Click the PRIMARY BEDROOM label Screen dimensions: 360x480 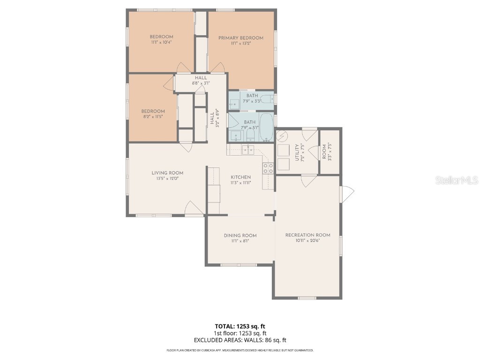click(x=241, y=38)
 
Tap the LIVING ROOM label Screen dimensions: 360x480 click(x=167, y=173)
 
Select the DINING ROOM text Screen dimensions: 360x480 click(x=240, y=236)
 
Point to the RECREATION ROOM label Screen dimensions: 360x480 click(x=307, y=235)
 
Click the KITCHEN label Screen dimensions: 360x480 click(x=240, y=177)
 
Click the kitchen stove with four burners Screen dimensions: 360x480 click(x=268, y=168)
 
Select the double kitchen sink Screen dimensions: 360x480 click(x=247, y=150)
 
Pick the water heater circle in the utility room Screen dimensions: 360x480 click(x=282, y=136)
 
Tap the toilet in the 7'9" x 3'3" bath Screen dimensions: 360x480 click(x=266, y=99)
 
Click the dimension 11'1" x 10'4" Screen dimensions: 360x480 click(x=161, y=43)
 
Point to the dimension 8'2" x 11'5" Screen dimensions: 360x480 click(x=153, y=117)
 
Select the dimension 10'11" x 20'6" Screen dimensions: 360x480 click(x=307, y=240)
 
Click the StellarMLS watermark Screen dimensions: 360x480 click(x=457, y=180)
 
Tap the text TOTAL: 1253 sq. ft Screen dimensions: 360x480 click(x=240, y=326)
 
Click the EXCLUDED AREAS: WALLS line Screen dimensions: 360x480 click(x=240, y=340)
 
